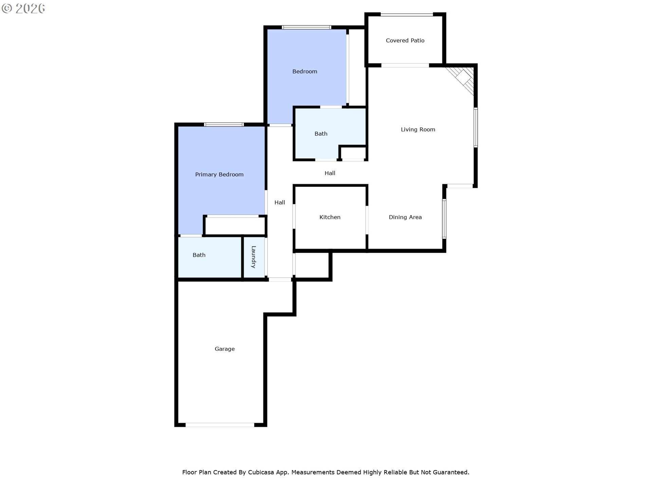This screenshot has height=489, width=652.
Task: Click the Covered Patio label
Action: coord(405,40)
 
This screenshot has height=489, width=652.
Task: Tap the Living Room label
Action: coord(418,129)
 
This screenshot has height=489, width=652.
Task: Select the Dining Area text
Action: coord(405,217)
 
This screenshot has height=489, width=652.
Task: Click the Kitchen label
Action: coord(330,217)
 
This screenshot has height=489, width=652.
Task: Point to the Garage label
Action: coord(224,349)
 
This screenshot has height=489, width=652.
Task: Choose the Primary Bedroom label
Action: coord(219,175)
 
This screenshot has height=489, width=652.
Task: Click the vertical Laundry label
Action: coord(253,257)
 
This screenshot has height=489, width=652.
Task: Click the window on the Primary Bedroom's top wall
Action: coord(224,125)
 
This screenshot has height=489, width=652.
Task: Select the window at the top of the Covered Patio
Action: coord(406,15)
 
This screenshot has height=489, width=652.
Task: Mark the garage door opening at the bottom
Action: coord(220,425)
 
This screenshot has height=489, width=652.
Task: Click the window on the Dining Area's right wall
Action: coord(444,219)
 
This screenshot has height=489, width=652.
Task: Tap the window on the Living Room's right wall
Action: coord(475,127)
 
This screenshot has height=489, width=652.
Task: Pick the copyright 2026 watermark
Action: coord(23,8)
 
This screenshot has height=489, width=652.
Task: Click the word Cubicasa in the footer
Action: coord(260,472)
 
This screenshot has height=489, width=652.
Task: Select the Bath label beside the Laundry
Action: coord(199,255)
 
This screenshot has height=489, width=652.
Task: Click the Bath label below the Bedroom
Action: coord(321,134)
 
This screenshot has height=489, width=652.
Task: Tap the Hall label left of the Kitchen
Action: coord(279,202)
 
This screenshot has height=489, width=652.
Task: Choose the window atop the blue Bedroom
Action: coord(306,28)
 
